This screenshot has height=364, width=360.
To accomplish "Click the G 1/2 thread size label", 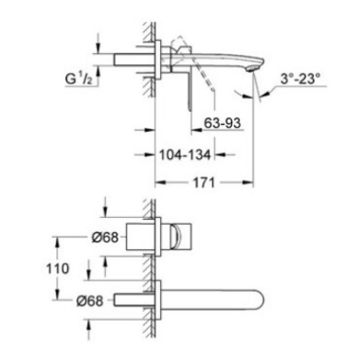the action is click(78, 78).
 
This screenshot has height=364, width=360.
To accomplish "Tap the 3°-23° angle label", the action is click(300, 78).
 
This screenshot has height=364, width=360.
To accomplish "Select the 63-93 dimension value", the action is click(223, 122).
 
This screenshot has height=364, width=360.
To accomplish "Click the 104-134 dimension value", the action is click(185, 155).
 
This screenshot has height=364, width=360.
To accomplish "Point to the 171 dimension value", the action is click(204, 182).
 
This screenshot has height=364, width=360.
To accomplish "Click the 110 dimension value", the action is click(58, 268).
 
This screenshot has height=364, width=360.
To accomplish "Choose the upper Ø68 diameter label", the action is click(105, 237).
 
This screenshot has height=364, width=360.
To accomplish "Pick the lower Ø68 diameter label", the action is click(90, 301).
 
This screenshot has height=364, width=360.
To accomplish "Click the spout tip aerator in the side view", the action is click(252, 69).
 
